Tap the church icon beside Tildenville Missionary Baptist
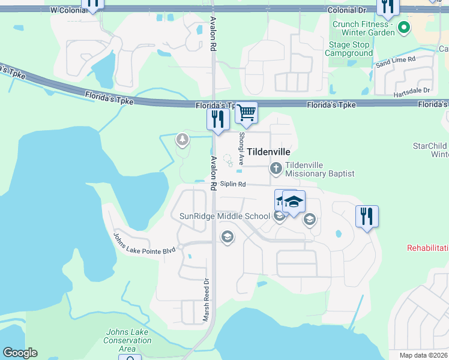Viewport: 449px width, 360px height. pyautogui.click(x=276, y=169)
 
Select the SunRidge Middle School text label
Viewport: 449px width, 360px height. pyautogui.click(x=225, y=216)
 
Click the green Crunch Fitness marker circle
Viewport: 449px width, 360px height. pyautogui.click(x=404, y=27)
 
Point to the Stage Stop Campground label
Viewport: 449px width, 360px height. pyautogui.click(x=349, y=49)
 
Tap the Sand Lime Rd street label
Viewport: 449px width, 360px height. pyautogui.click(x=395, y=61)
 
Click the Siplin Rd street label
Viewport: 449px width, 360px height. pyautogui.click(x=233, y=184)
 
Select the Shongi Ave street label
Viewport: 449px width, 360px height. pyautogui.click(x=241, y=149)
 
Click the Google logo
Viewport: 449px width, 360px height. pyautogui.click(x=20, y=353)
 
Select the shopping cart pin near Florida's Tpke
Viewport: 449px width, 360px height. pyautogui.click(x=246, y=112)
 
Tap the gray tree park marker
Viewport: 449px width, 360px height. pyautogui.click(x=182, y=140)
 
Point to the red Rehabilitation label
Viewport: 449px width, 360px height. pyautogui.click(x=427, y=248)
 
